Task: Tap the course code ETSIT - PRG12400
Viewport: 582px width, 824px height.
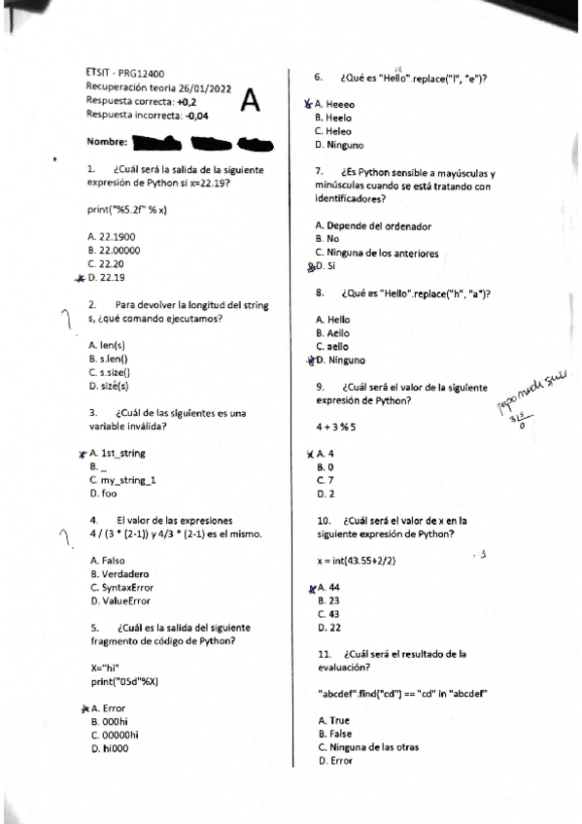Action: tap(125, 73)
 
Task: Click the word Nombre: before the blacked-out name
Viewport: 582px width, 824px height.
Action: tap(107, 142)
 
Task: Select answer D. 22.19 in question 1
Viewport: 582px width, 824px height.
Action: tap(106, 277)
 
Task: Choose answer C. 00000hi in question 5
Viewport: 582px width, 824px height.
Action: tap(114, 736)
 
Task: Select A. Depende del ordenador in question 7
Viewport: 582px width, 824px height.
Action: tap(373, 226)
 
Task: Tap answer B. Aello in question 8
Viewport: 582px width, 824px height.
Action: tap(333, 332)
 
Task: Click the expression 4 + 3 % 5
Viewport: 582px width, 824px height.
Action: tap(336, 427)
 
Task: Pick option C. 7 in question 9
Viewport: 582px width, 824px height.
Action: tap(325, 480)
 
